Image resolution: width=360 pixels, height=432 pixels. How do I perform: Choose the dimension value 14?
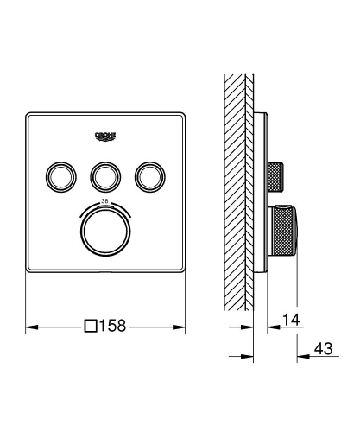(x=293, y=321)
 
